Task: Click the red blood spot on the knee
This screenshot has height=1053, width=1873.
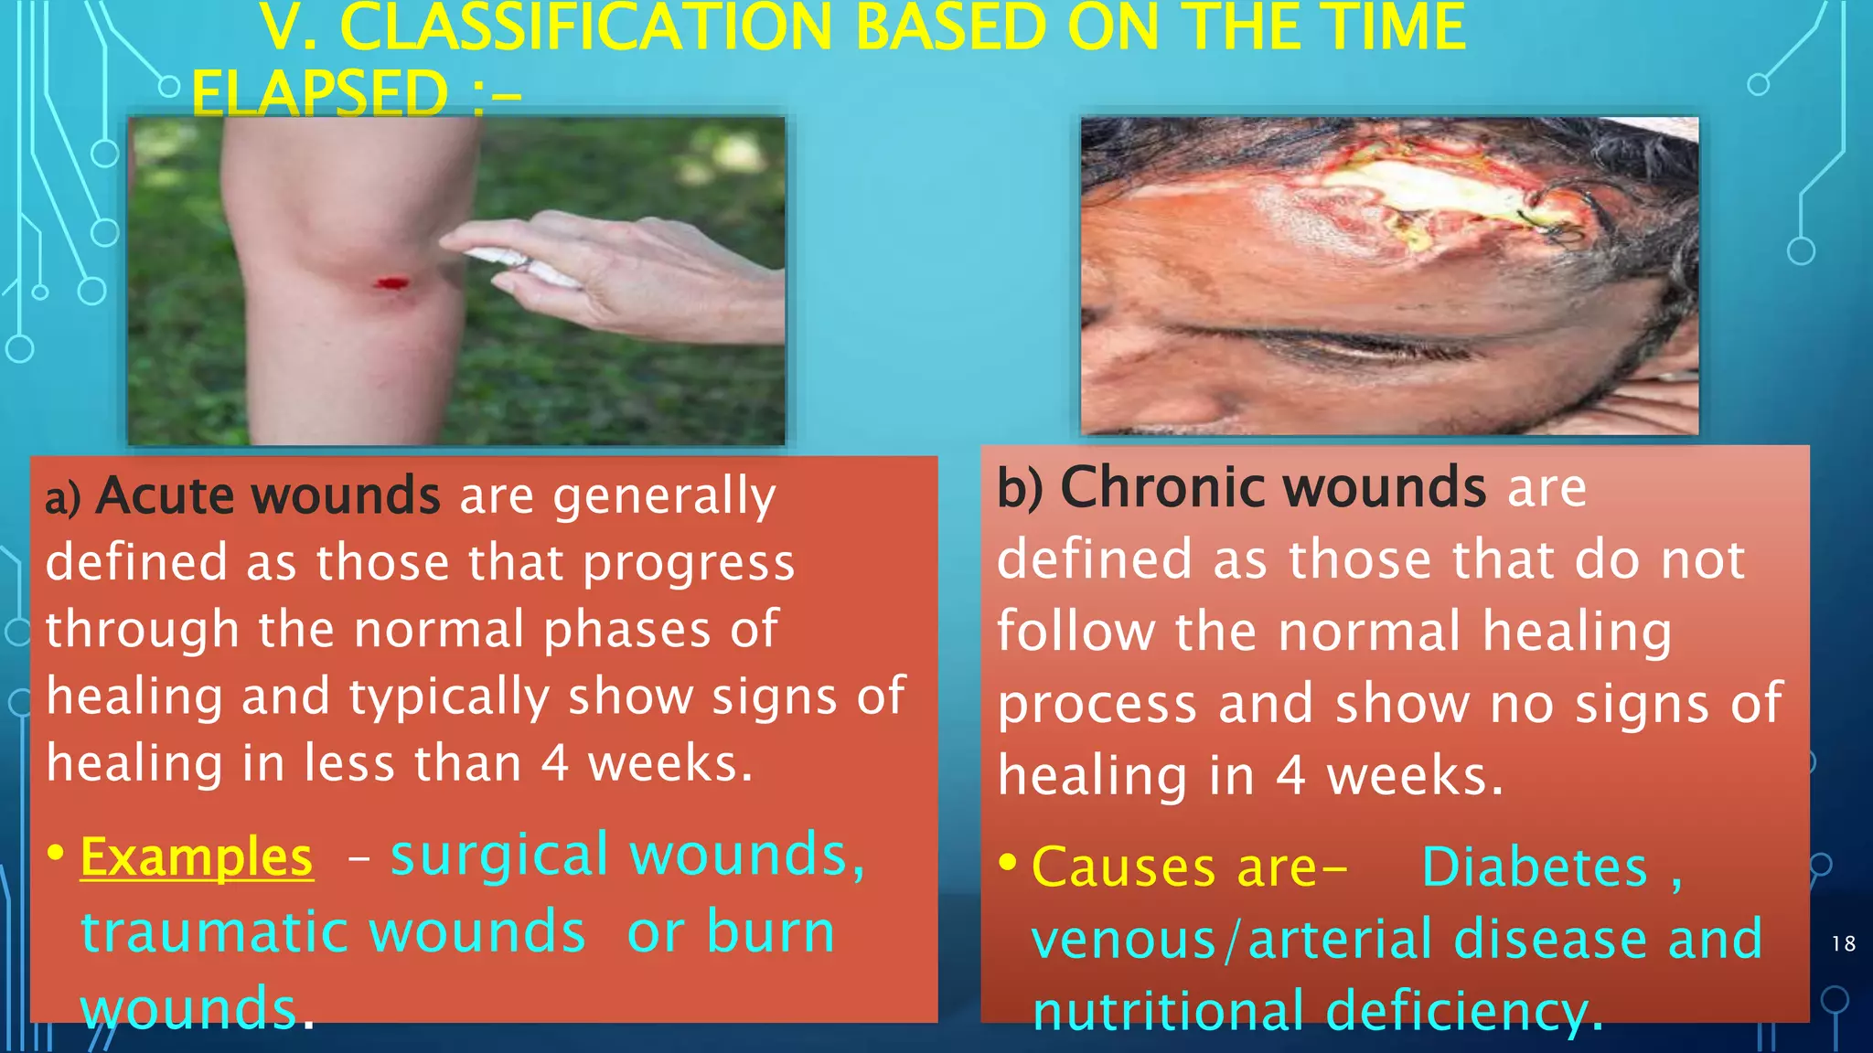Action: (392, 284)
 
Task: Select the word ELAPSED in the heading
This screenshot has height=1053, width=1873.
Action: (320, 93)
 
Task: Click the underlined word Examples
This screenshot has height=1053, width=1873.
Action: (197, 858)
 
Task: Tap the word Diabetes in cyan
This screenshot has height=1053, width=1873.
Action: (1534, 867)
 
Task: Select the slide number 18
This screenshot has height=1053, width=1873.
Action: (1843, 943)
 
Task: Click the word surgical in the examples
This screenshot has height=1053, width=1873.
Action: (499, 856)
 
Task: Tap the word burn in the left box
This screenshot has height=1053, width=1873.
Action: (771, 932)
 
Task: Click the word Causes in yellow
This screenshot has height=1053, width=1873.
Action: (1124, 867)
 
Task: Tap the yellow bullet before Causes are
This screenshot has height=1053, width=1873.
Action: (1008, 862)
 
